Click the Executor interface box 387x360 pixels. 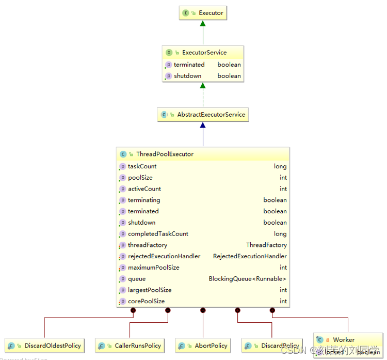pyautogui.click(x=203, y=13)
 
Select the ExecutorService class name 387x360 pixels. pyautogui.click(x=204, y=53)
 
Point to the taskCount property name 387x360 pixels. pyautogui.click(x=142, y=166)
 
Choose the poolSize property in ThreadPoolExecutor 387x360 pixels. pyautogui.click(x=140, y=178)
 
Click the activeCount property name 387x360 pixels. pyautogui.click(x=144, y=189)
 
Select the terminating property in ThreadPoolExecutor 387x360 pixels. pyautogui.click(x=144, y=200)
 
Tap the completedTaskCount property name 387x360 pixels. pyautogui.click(x=158, y=234)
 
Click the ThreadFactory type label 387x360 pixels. pyautogui.click(x=266, y=245)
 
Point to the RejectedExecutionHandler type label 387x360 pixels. pyautogui.click(x=250, y=256)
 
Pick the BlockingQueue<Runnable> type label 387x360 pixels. pyautogui.click(x=247, y=279)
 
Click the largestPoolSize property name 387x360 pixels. pyautogui.click(x=150, y=290)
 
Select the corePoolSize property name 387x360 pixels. pyautogui.click(x=147, y=302)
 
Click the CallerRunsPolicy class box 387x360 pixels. pyautogui.click(x=130, y=346)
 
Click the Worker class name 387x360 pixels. pyautogui.click(x=344, y=340)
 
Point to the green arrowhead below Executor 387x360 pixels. pyautogui.click(x=203, y=24)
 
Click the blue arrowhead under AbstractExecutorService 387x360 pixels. pyautogui.click(x=203, y=126)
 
